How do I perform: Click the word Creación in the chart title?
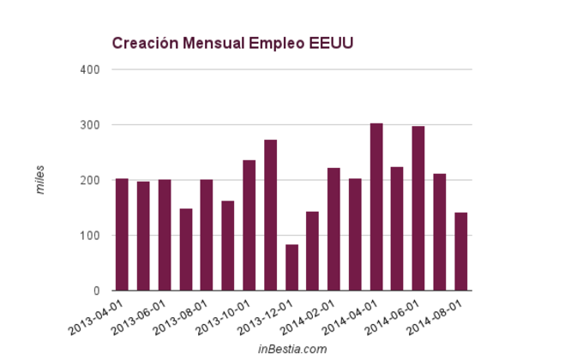click(x=141, y=44)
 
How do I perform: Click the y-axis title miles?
click(x=40, y=180)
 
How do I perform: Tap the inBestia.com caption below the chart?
click(x=292, y=349)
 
